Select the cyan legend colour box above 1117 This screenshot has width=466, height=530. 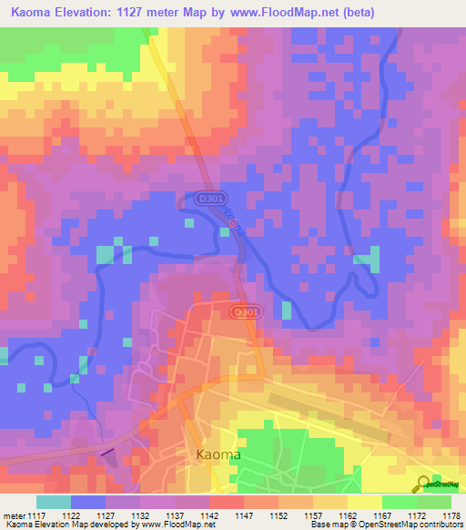[54, 502]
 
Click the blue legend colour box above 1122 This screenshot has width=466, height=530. [88, 502]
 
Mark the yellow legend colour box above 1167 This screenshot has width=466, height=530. [364, 502]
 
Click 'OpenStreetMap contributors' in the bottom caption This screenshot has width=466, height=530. [418, 525]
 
